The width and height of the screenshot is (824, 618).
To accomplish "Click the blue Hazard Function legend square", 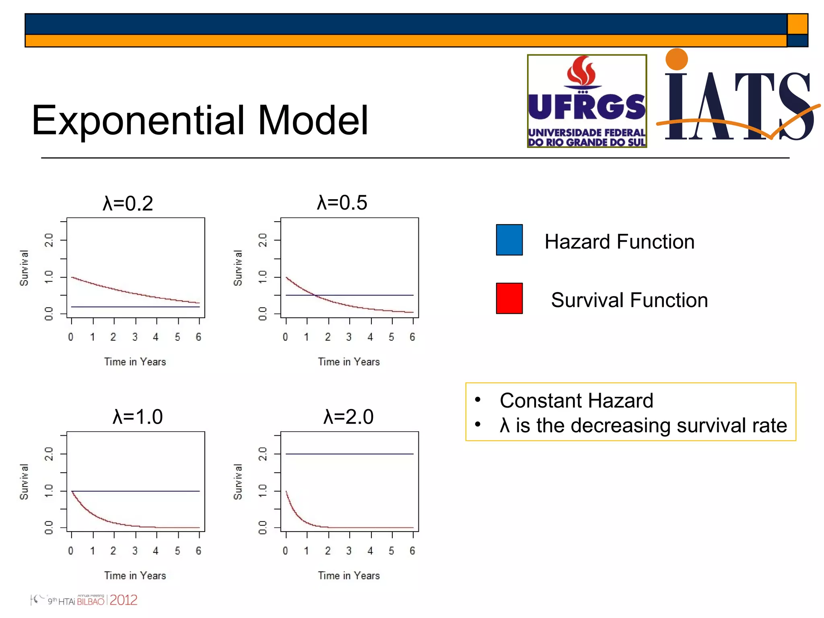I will (x=509, y=240).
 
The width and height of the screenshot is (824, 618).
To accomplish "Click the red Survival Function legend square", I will (x=509, y=298).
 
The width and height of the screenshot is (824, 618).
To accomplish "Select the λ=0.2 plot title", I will (x=128, y=203).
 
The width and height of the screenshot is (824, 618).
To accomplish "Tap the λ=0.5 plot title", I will (x=342, y=202).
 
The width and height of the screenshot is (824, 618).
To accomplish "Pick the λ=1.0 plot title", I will (x=138, y=416).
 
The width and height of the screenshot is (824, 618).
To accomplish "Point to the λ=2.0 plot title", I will (x=348, y=416).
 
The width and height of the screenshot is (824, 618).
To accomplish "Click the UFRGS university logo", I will (x=587, y=101).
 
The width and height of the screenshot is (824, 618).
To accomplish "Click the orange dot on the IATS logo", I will (x=676, y=59).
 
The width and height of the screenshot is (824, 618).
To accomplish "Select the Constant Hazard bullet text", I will (x=576, y=400).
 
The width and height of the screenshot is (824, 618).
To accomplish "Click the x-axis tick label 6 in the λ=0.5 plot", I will (x=412, y=337).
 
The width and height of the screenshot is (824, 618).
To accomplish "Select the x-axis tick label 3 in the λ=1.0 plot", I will (x=135, y=550).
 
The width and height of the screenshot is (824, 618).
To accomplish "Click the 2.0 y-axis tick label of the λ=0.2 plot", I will (x=49, y=240).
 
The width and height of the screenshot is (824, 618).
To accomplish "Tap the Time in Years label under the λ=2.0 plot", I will (x=349, y=575).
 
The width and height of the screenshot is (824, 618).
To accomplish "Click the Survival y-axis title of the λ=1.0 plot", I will (x=24, y=482).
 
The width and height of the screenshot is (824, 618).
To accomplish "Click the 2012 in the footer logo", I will (x=124, y=600).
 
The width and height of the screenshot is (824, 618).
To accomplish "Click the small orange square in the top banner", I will (x=797, y=24).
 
